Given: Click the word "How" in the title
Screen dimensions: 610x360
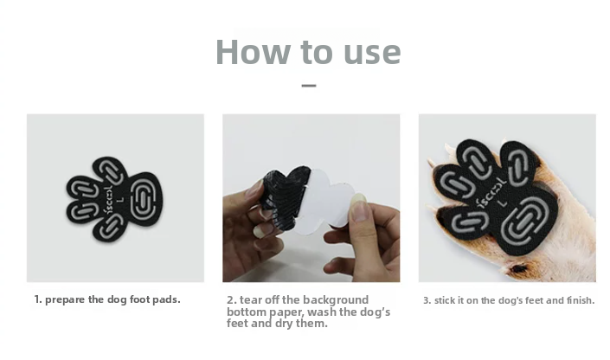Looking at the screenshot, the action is point(253,52).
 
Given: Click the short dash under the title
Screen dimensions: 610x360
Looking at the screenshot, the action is point(309,86).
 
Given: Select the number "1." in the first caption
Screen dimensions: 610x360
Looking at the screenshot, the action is point(38,299).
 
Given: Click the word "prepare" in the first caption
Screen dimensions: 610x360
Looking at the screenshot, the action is point(65,300).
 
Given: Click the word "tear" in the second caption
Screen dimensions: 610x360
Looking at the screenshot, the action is point(251,299).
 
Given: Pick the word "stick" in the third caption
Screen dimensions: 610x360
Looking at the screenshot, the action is point(443,300).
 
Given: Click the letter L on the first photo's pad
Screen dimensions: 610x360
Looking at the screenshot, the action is point(120,200).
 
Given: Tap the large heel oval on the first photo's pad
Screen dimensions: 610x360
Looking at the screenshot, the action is point(144,199).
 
